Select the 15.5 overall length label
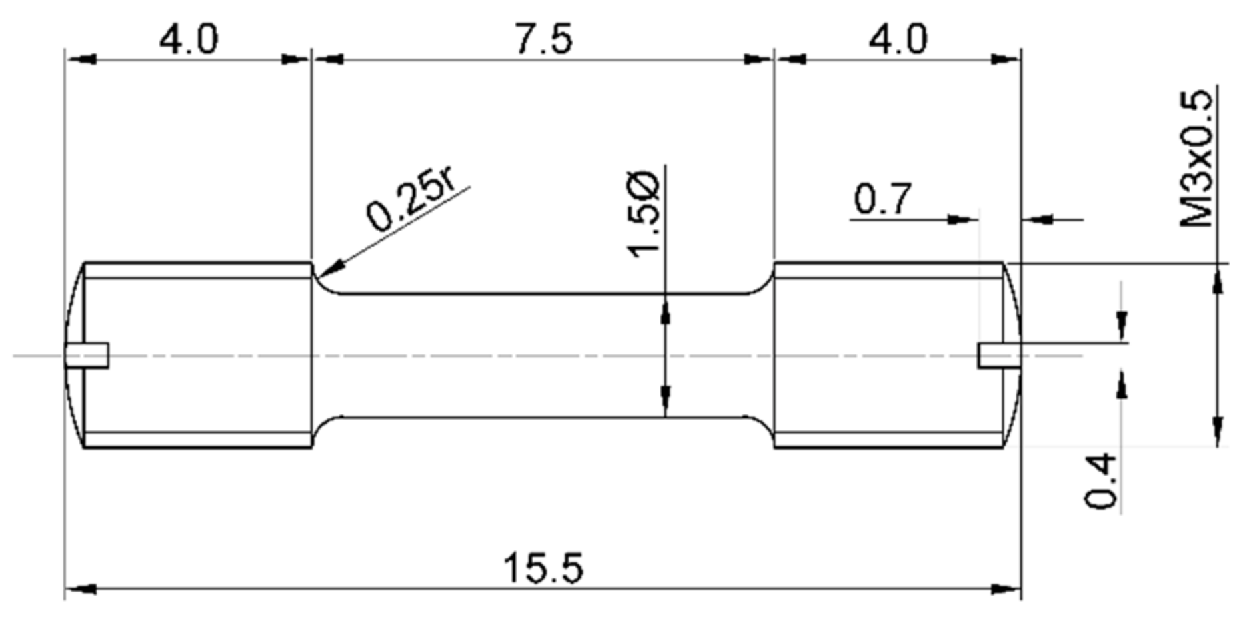click(543, 568)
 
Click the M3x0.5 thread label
click(1197, 159)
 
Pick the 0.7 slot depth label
click(882, 199)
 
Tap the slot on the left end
click(87, 355)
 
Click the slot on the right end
click(999, 355)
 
